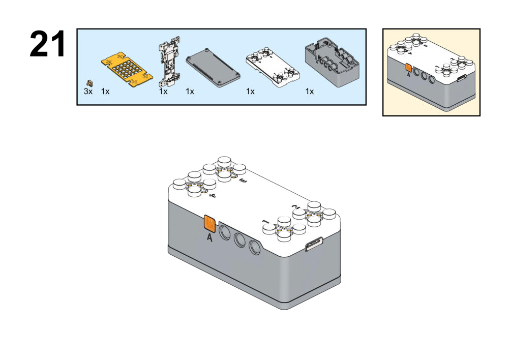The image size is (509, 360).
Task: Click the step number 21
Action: tap(48, 44)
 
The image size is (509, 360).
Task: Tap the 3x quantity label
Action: tap(88, 92)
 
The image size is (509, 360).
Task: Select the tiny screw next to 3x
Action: tap(91, 83)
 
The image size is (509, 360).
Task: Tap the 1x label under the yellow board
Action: tap(105, 92)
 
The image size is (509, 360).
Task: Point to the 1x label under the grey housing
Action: tap(310, 92)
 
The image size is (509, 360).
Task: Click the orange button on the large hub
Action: tap(209, 223)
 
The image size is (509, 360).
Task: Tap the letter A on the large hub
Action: tap(209, 237)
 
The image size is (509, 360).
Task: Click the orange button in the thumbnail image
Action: tap(408, 67)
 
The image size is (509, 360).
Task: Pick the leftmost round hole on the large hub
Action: tap(225, 232)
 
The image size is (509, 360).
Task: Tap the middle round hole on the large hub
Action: tap(239, 240)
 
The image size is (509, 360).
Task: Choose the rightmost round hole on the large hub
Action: tap(254, 248)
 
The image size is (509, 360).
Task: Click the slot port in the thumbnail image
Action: tap(461, 78)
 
